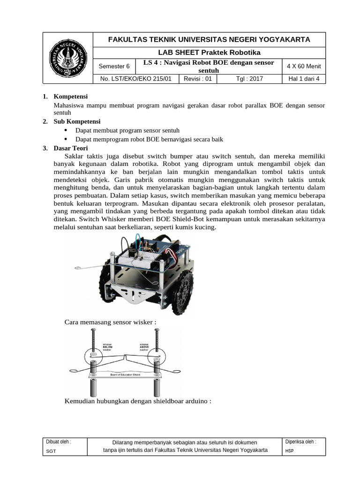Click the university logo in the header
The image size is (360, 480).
click(68, 58)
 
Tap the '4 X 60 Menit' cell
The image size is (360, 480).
click(304, 66)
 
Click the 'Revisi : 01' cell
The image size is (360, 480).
click(198, 79)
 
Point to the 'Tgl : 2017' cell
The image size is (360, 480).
click(250, 79)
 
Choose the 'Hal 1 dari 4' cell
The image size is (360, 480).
click(304, 79)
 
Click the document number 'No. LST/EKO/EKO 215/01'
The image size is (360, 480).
click(136, 79)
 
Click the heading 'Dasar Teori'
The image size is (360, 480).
click(71, 148)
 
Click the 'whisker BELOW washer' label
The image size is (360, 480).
click(108, 347)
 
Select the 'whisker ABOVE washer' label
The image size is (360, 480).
click(144, 347)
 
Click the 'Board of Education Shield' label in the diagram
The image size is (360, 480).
click(125, 375)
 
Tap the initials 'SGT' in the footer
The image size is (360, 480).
click(51, 450)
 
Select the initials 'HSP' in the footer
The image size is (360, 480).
click(289, 450)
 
